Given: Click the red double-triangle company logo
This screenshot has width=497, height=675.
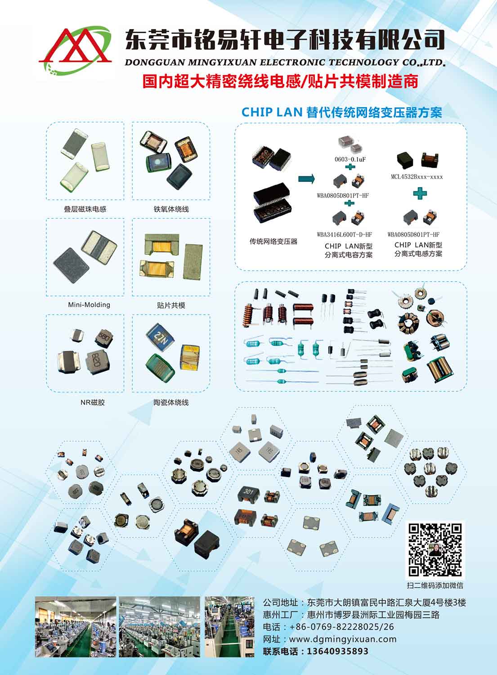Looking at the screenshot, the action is coord(75,49).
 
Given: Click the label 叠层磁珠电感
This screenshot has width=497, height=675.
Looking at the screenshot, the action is coord(85,209).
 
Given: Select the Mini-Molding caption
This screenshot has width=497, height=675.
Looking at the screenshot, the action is coord(89,305).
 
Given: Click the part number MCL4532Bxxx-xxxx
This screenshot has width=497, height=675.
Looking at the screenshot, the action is coord(417,176).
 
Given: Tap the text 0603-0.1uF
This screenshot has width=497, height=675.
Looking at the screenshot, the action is coord(350,159).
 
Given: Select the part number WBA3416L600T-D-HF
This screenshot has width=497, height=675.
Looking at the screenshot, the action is coord(344,234).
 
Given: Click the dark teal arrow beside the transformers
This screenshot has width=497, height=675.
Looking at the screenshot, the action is coord(307,179).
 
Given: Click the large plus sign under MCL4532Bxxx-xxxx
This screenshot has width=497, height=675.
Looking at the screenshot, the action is coord(420,193).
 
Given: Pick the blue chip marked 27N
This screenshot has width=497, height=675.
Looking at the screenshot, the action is coord(161,337).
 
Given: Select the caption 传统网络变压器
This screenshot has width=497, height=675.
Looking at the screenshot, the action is coord(273,241).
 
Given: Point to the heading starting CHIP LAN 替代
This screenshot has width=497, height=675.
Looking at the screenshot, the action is coord(342,112).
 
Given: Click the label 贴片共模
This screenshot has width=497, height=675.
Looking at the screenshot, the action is coord(171,305).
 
